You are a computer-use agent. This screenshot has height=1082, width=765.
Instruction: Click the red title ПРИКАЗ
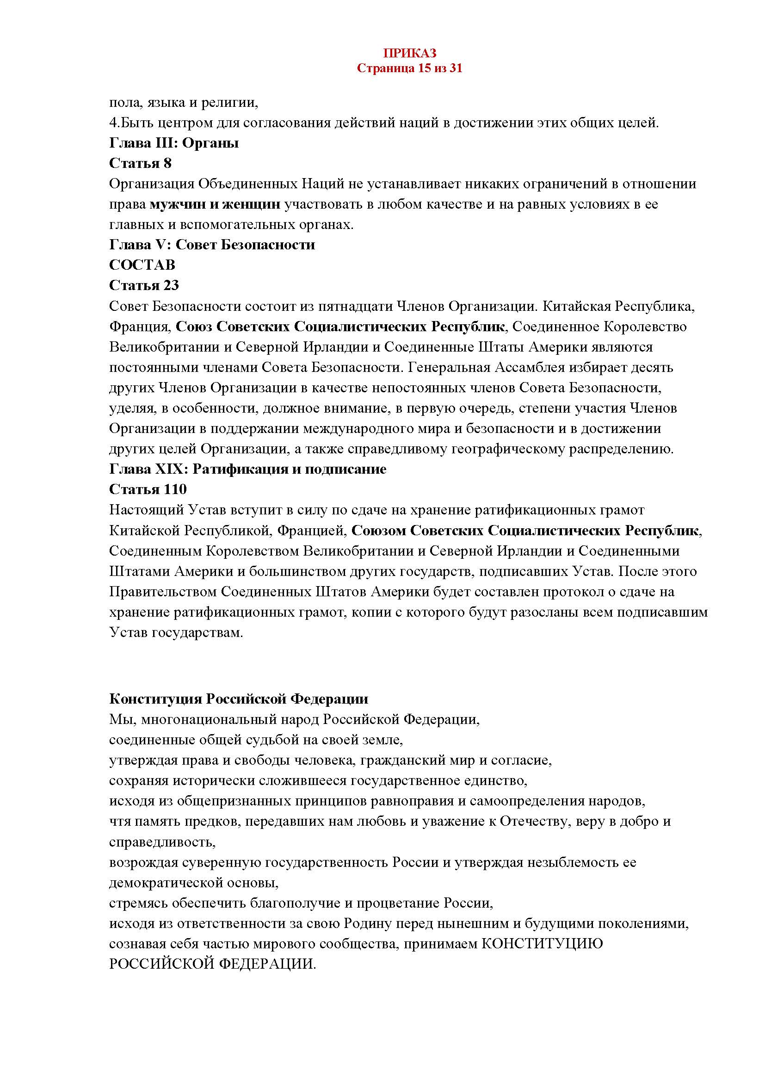(409, 53)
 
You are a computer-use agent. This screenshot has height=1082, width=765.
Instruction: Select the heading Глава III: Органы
(174, 143)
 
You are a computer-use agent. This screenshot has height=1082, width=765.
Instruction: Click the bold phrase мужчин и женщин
(215, 204)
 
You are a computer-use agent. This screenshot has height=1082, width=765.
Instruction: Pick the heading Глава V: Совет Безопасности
(212, 245)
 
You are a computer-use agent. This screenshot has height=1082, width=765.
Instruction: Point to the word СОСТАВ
(142, 266)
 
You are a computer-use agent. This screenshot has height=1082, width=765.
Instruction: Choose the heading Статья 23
(144, 285)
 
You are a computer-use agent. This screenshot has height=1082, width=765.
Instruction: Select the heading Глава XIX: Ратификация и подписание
(247, 470)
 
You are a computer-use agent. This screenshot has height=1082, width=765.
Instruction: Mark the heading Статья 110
(148, 489)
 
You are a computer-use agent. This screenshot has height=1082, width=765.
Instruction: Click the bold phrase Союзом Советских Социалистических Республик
(525, 531)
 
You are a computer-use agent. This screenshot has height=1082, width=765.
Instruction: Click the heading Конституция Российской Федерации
(238, 699)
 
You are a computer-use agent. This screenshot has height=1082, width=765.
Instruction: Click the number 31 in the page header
(456, 69)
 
